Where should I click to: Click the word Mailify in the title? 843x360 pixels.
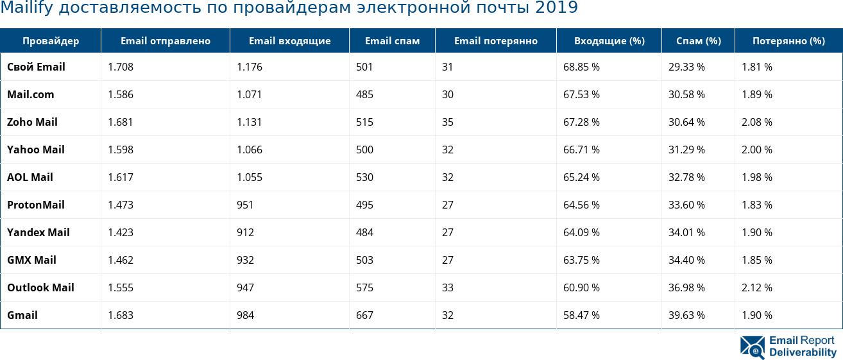[26, 8]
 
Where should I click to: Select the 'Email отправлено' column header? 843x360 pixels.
[166, 41]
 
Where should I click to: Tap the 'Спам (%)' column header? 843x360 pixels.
[699, 41]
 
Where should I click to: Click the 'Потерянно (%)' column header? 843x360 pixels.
[788, 41]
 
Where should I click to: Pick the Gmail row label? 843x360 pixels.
[22, 315]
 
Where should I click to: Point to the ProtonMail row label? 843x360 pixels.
[36, 205]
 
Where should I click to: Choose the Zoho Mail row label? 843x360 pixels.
[32, 122]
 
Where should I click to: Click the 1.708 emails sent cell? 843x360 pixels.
[121, 67]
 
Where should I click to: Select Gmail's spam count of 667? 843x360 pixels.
[364, 315]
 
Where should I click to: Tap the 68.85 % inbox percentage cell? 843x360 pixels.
[581, 67]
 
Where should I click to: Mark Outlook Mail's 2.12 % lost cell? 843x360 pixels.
[757, 287]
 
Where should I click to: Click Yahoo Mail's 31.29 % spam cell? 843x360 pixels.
[686, 150]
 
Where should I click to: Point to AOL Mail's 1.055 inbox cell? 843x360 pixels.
[250, 177]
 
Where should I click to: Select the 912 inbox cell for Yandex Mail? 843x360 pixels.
[245, 232]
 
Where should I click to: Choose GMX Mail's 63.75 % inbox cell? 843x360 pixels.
[581, 260]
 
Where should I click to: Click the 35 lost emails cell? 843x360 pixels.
[448, 122]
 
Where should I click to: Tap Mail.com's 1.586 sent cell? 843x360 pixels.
[121, 94]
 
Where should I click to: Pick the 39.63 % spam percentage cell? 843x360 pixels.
[686, 315]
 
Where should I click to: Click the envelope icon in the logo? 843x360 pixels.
[753, 347]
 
